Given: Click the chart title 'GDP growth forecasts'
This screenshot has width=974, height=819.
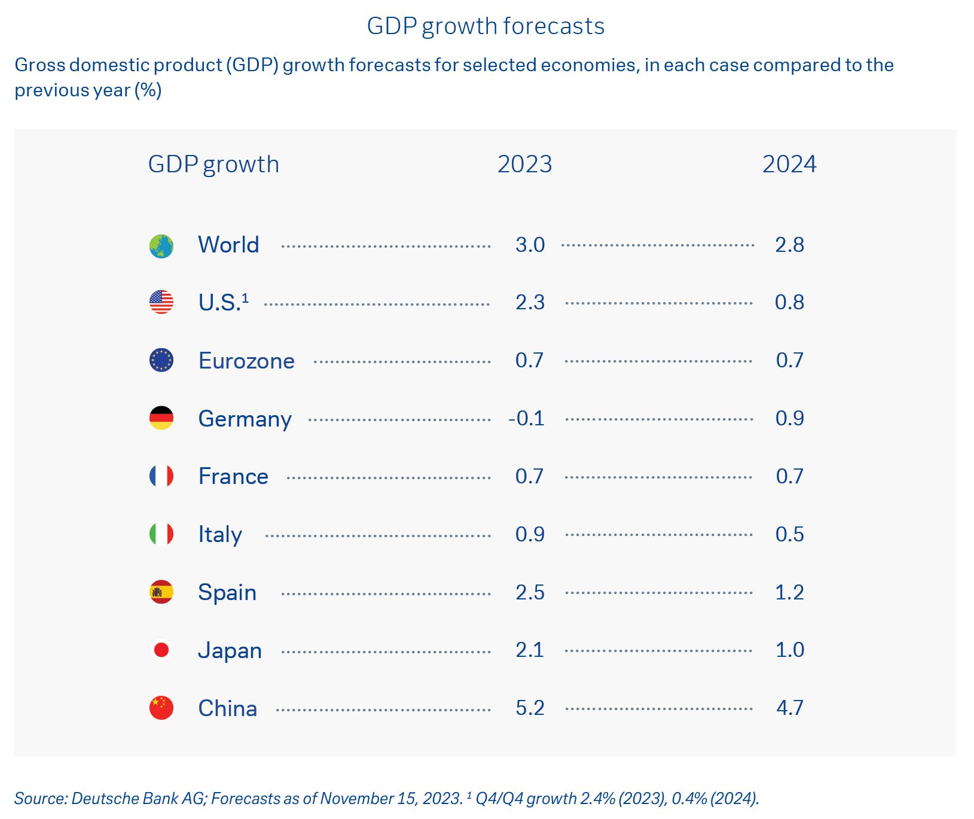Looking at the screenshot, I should (x=486, y=26).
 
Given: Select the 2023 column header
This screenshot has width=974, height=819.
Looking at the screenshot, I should (x=524, y=165).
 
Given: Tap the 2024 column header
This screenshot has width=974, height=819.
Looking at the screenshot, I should (x=789, y=165).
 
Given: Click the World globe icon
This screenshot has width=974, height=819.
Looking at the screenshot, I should (x=161, y=246).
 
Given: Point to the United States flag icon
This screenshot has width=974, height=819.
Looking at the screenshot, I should (x=161, y=302).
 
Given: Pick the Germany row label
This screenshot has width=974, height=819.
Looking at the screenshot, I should (x=245, y=419).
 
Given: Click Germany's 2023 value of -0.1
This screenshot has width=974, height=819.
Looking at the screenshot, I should (x=527, y=418).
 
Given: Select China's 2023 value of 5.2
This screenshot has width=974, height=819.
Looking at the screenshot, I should (x=530, y=708).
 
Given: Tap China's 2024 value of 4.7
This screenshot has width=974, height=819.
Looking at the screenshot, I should (x=789, y=708).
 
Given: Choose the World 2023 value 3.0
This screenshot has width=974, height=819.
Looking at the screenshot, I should (x=530, y=245).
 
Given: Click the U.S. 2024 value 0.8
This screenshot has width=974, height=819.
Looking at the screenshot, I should (x=789, y=302).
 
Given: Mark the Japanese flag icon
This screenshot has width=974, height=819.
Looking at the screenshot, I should (x=161, y=650).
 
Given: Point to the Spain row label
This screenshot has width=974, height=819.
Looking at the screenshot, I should (x=227, y=592).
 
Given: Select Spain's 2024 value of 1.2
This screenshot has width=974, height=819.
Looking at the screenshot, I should (x=789, y=592).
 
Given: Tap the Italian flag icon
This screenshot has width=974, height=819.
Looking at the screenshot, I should (x=161, y=534).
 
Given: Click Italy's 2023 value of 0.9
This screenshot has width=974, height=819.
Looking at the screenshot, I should (x=530, y=534).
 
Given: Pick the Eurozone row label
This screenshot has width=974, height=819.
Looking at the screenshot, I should (x=246, y=361).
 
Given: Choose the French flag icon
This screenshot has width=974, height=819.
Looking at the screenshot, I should (x=161, y=476).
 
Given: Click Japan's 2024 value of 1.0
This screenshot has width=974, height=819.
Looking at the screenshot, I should (x=789, y=650).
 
